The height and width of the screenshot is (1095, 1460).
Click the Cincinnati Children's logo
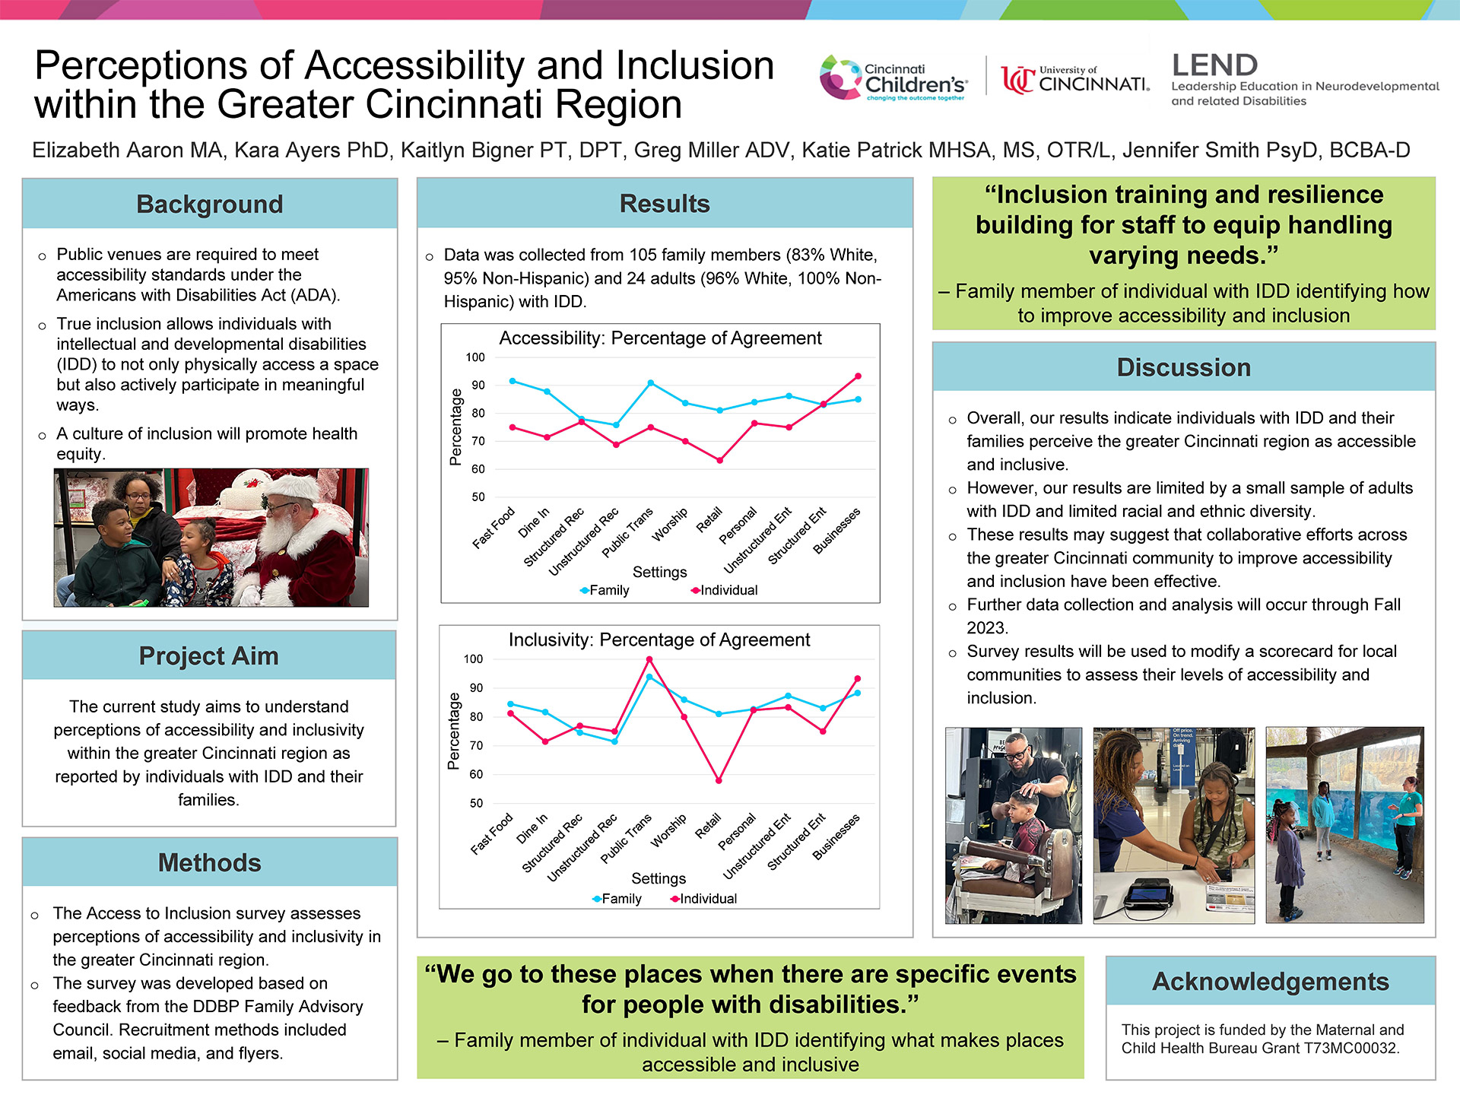pos(894,78)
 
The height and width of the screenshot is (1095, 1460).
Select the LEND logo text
pos(1215,65)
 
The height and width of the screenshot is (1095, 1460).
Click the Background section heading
pos(210,204)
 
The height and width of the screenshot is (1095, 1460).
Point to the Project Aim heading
pos(209,655)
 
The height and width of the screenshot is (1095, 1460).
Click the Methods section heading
pos(210,862)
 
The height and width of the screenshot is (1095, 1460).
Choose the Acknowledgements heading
pos(1271,981)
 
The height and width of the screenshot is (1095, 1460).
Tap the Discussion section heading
pos(1183,367)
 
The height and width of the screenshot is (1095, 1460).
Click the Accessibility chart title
pos(660,338)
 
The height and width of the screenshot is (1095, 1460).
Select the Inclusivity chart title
pos(659,640)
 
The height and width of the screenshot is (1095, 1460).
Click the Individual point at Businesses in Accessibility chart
pos(859,376)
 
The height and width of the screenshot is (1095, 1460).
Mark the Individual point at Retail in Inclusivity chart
pos(719,780)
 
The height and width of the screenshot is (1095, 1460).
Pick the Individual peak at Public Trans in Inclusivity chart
pos(649,659)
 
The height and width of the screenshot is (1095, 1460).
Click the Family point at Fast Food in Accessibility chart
pos(513,381)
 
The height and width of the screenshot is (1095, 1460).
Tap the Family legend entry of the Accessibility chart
pos(605,590)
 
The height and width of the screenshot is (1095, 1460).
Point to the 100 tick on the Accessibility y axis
pos(475,357)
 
